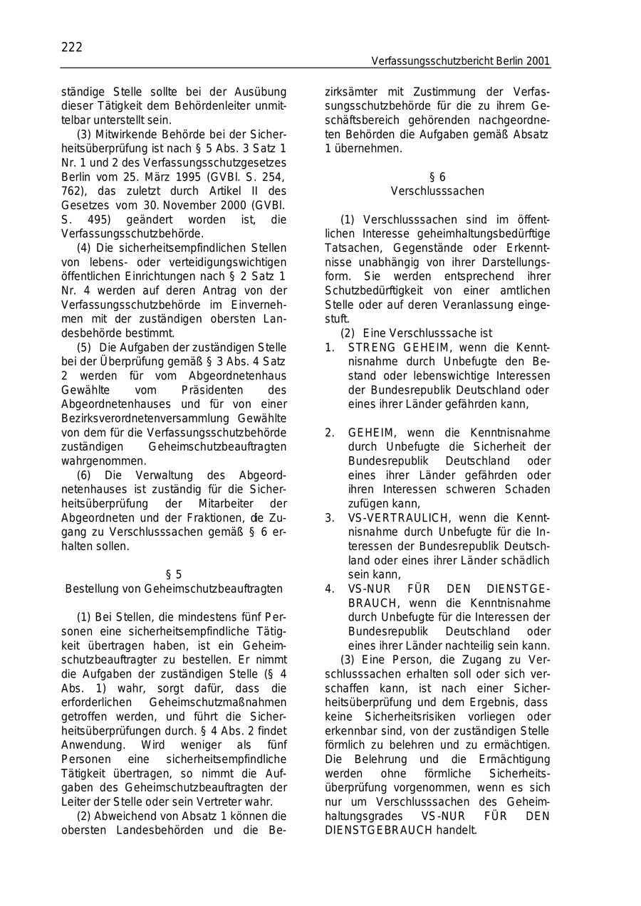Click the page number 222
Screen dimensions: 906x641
pyautogui.click(x=71, y=48)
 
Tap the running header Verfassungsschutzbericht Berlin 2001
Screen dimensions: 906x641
pyautogui.click(x=460, y=62)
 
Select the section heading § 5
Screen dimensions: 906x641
pyautogui.click(x=174, y=574)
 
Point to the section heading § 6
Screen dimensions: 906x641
pyautogui.click(x=437, y=177)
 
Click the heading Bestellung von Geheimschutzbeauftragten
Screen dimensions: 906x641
pyautogui.click(x=174, y=589)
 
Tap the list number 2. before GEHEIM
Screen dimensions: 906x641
pyautogui.click(x=330, y=433)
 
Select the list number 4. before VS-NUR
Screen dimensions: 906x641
pyautogui.click(x=330, y=589)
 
